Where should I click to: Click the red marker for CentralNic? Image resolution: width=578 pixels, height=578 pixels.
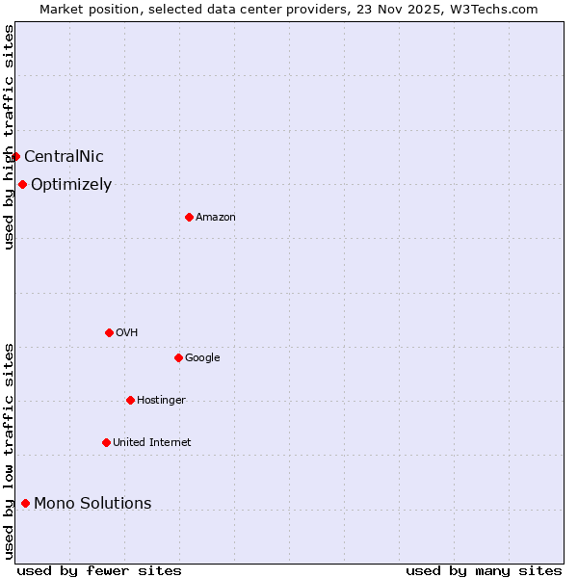[x=15, y=156]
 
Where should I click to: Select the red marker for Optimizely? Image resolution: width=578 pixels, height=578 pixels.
[x=22, y=184]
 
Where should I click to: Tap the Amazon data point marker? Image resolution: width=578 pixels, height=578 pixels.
[x=189, y=217]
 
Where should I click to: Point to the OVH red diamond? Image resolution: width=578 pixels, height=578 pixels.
[x=109, y=332]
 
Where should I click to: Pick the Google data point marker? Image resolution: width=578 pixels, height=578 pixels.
[x=178, y=357]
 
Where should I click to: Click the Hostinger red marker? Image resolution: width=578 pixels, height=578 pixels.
[x=130, y=400]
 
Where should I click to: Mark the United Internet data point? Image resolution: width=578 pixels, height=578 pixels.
[x=106, y=442]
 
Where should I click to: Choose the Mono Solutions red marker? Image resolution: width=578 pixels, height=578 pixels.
[x=25, y=503]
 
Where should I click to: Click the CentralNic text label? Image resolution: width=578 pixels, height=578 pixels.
[x=64, y=157]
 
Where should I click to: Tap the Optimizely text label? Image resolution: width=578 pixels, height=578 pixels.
[x=71, y=185]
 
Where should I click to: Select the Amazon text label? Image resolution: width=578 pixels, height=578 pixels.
[x=216, y=218]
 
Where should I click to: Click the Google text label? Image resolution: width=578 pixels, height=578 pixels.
[x=202, y=358]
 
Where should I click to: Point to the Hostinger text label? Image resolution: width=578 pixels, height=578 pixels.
[x=161, y=401]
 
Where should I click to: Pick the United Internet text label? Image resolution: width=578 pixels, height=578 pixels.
[x=152, y=443]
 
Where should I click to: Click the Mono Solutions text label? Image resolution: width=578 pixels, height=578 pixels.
[x=92, y=504]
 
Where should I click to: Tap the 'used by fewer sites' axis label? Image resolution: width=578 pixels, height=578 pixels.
[x=99, y=570]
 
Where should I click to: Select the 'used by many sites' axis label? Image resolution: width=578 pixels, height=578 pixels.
[x=484, y=570]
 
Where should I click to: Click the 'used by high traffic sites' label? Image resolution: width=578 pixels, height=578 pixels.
[x=9, y=137]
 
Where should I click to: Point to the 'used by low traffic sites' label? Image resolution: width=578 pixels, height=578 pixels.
[x=9, y=450]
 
